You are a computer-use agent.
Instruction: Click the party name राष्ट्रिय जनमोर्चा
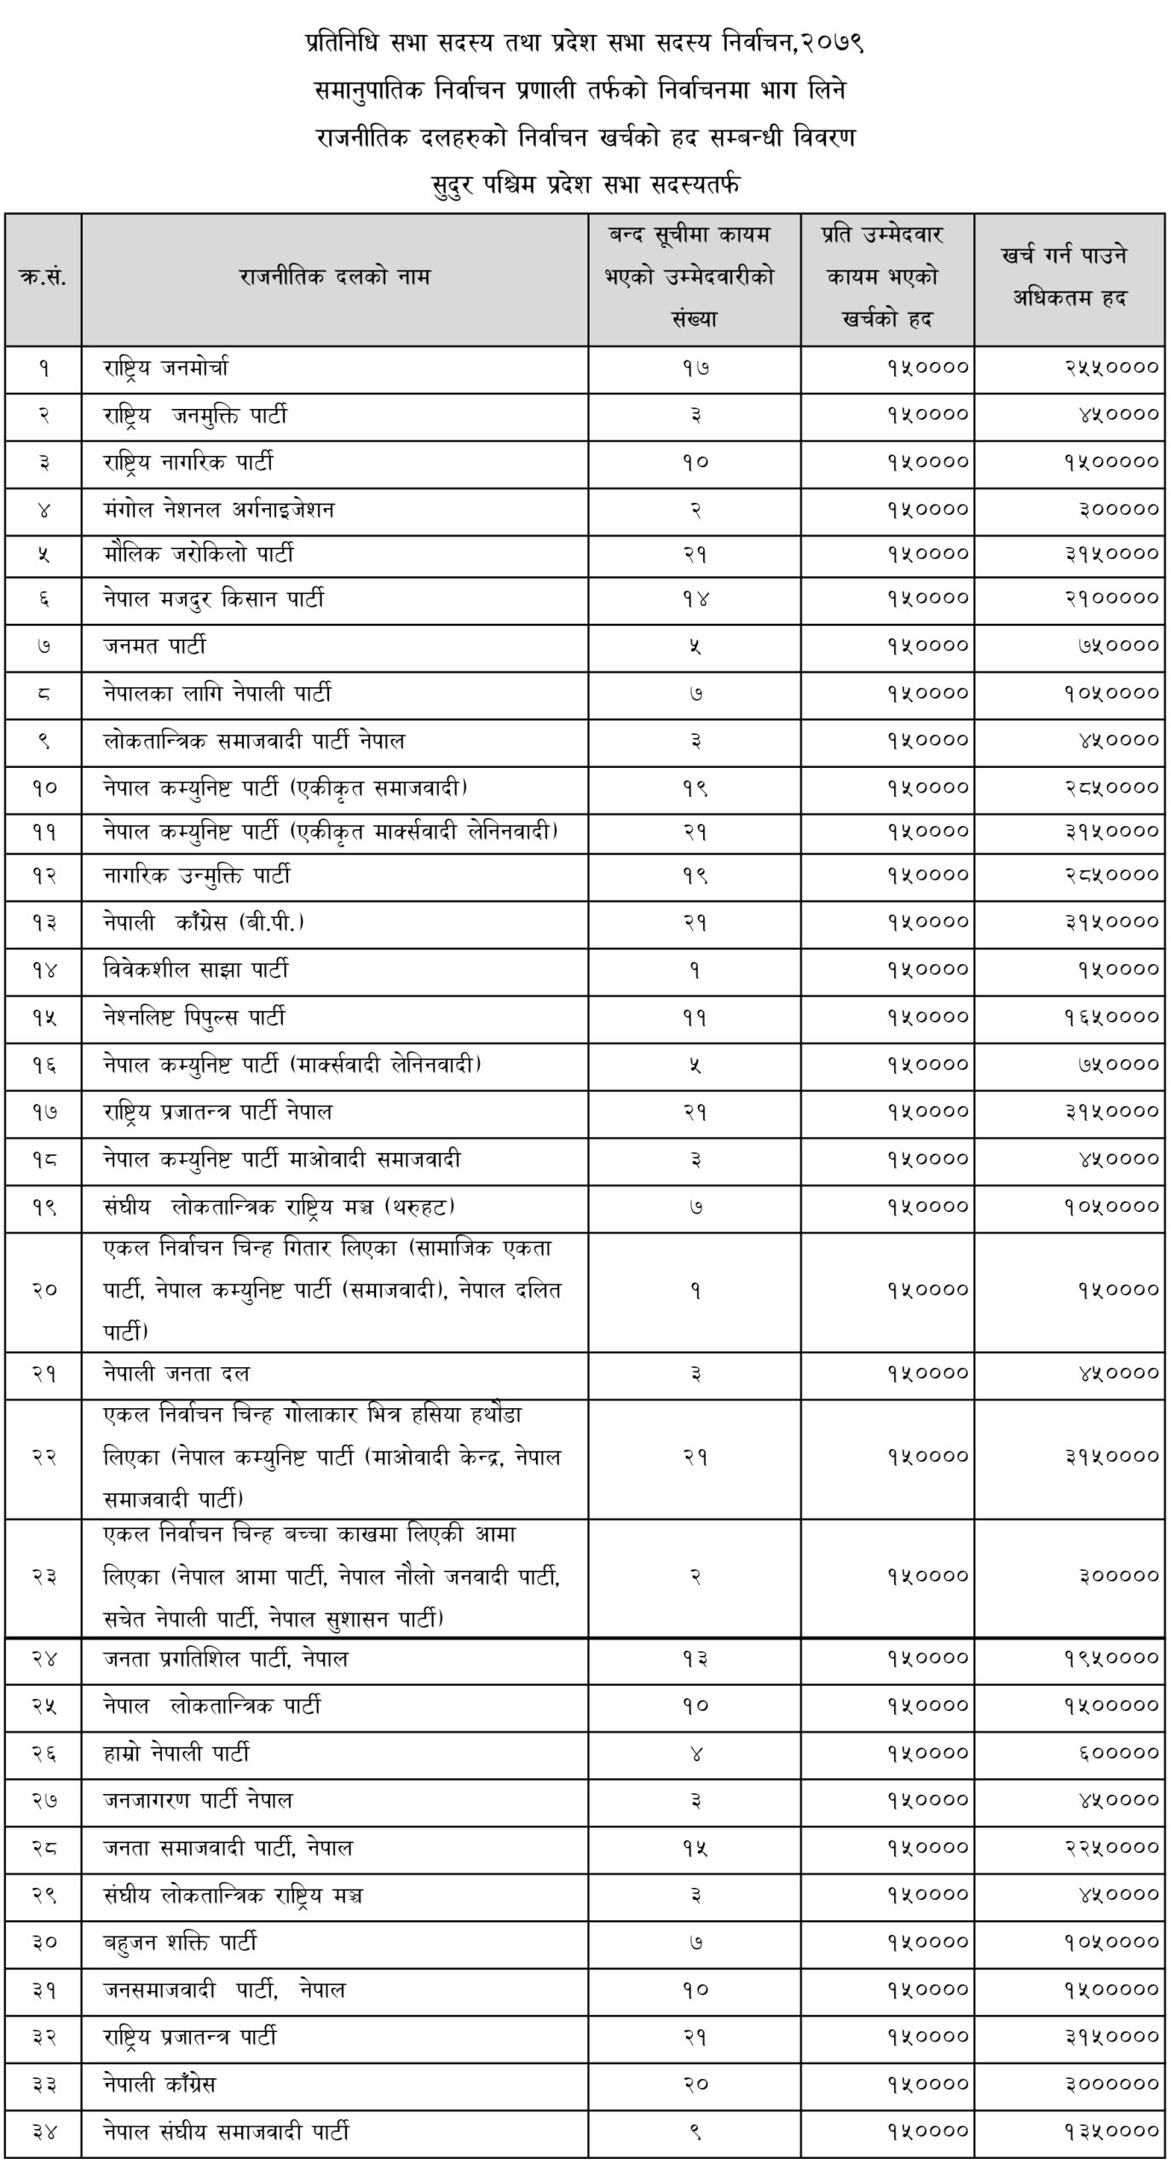(x=166, y=369)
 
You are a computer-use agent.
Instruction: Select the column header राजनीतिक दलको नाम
(x=334, y=277)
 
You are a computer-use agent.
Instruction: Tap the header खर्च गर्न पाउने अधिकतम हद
(x=1069, y=277)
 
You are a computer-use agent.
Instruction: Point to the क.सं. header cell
(x=43, y=277)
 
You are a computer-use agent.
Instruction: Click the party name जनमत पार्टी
(x=155, y=647)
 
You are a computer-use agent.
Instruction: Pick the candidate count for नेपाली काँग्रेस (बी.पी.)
(x=695, y=923)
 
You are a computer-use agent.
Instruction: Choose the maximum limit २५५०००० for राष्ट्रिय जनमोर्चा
(x=1111, y=367)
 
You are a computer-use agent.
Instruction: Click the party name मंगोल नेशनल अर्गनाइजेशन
(x=219, y=510)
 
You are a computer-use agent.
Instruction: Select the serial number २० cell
(x=43, y=1290)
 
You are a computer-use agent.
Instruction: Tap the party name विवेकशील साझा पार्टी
(x=196, y=970)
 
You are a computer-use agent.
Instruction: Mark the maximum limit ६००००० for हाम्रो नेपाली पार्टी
(x=1118, y=1753)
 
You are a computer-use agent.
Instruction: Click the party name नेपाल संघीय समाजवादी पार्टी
(x=227, y=2132)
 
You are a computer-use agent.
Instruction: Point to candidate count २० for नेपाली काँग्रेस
(x=695, y=2085)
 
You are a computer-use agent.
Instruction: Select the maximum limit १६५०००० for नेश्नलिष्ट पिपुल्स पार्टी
(x=1111, y=1018)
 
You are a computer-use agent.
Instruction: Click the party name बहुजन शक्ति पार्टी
(x=180, y=1943)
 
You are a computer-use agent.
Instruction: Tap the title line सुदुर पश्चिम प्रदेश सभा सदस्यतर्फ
(x=585, y=184)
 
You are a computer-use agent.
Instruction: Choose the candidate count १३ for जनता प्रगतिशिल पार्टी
(x=695, y=1659)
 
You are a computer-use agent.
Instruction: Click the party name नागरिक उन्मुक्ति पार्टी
(x=197, y=875)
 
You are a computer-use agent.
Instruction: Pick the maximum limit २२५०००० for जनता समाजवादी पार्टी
(x=1111, y=1848)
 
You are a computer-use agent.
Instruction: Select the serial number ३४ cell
(x=43, y=2132)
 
